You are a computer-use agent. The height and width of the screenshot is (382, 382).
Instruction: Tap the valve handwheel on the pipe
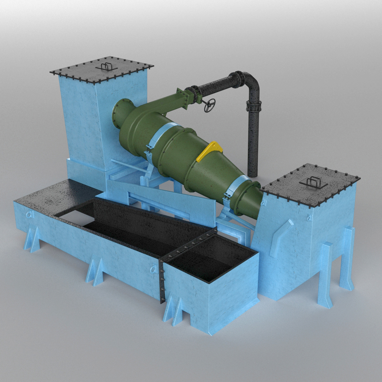point(210,105)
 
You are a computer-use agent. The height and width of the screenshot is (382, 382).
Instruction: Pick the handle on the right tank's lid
point(313,181)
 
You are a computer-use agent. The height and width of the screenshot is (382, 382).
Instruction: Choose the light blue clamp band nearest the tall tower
point(159,137)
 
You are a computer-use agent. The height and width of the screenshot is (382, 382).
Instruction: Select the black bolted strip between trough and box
point(162,280)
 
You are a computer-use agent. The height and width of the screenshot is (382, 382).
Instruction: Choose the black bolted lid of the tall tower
point(102,70)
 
